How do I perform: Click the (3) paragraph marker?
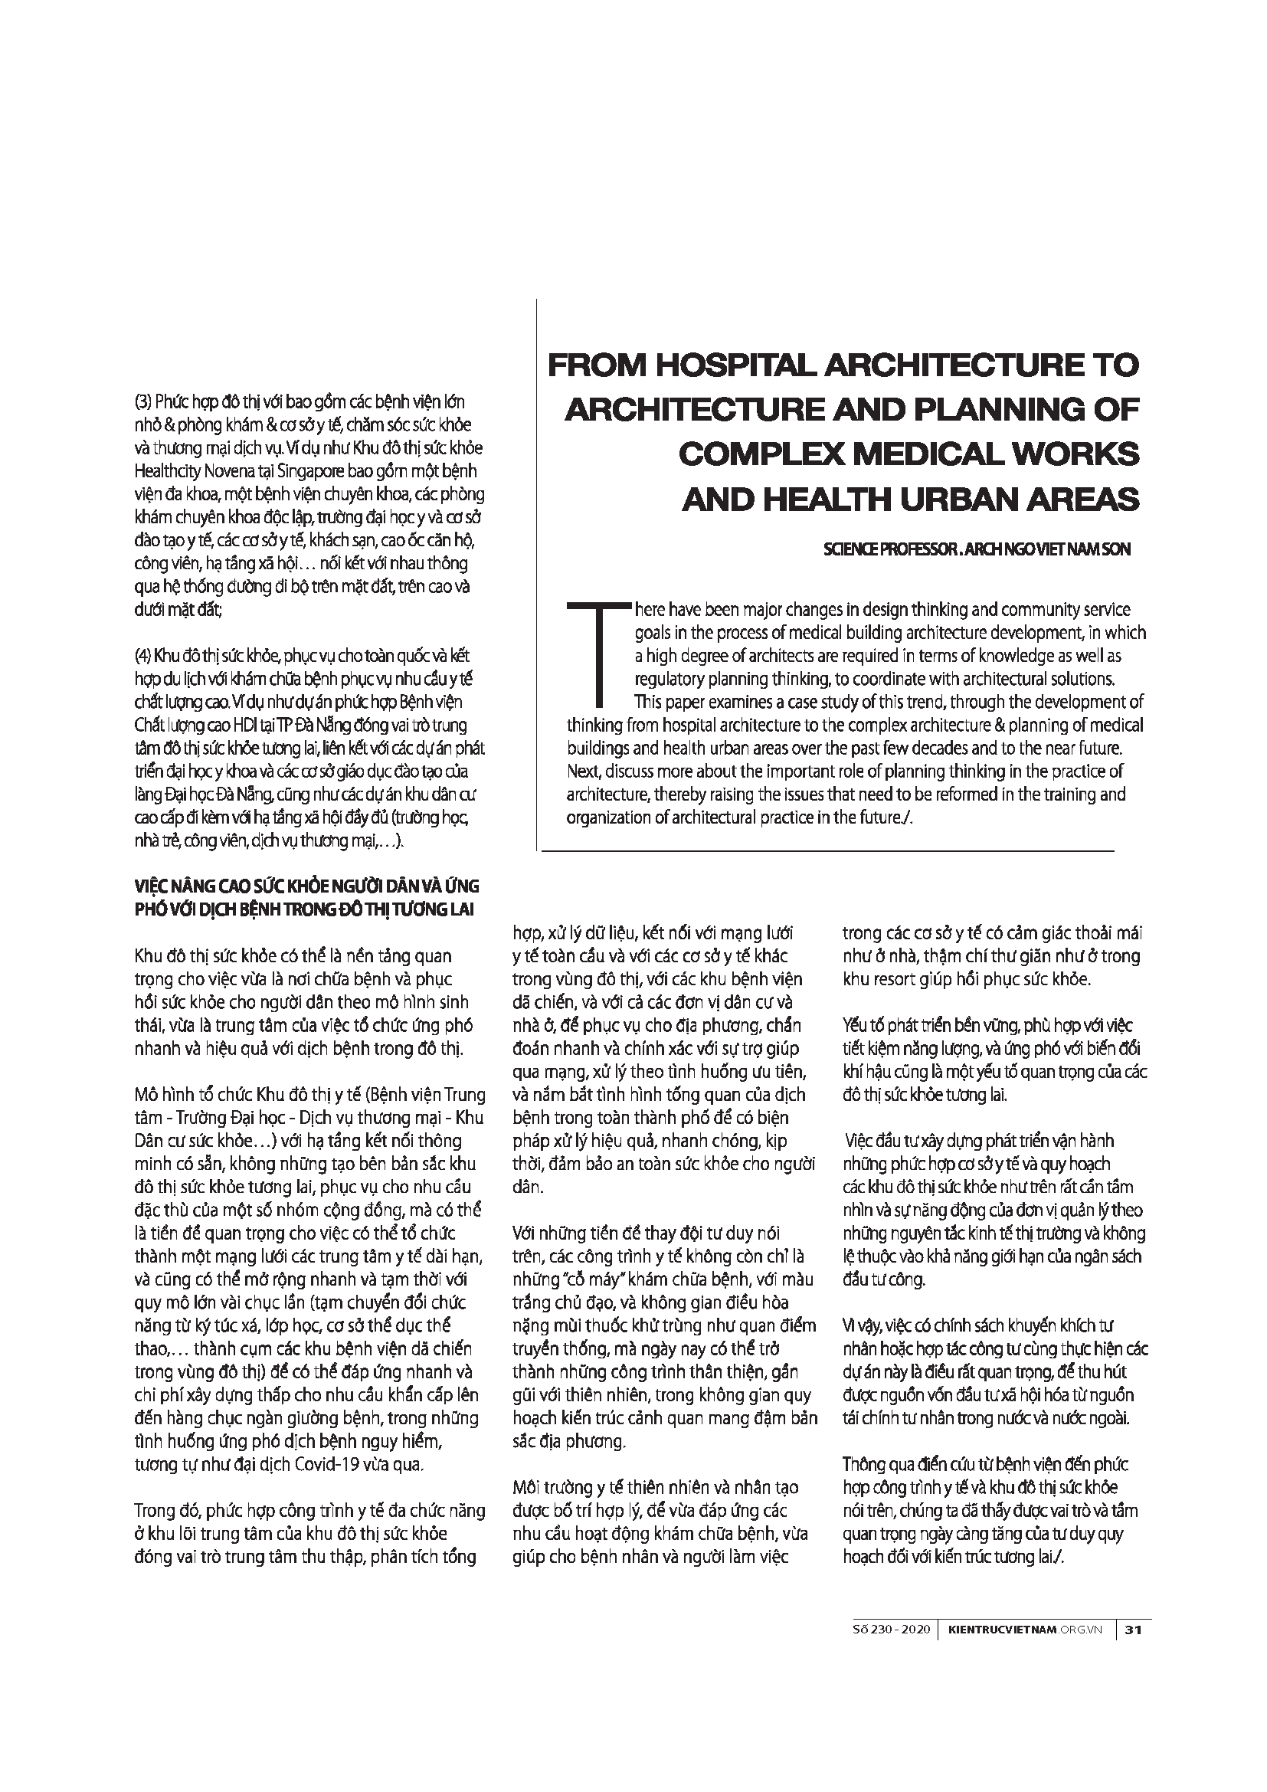click(x=143, y=403)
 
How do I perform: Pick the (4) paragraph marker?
click(x=143, y=655)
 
